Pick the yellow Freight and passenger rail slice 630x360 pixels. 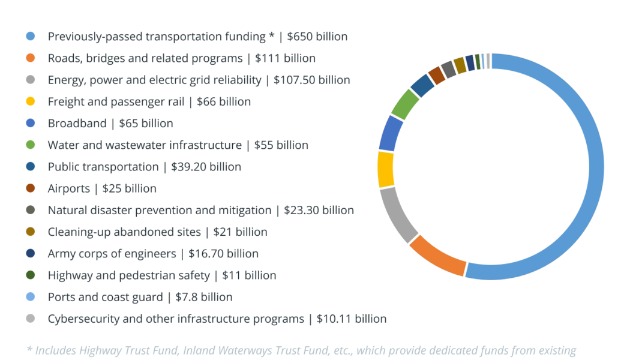point(386,169)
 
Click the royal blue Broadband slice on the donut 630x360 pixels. point(390,133)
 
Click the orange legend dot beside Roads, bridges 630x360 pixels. point(31,58)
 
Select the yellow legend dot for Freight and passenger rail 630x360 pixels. point(31,101)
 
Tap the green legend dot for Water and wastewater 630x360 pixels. point(31,145)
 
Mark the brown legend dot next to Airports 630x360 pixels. point(31,188)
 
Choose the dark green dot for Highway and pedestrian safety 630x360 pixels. point(31,275)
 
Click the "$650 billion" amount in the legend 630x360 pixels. point(317,37)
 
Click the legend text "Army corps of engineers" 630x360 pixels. point(112,254)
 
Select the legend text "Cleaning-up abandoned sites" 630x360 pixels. point(123,232)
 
